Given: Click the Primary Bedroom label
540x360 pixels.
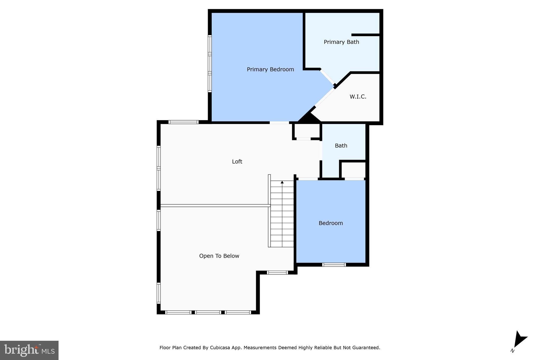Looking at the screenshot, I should [270, 69].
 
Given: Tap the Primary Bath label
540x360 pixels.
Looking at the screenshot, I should [341, 42].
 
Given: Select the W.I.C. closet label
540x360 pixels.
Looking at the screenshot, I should [358, 97].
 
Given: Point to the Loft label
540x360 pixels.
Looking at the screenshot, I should [237, 162].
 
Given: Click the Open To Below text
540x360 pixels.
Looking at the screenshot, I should [219, 256].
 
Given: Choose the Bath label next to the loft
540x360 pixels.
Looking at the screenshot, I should [341, 146].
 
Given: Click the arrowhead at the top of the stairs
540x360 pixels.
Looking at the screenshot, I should [282, 182].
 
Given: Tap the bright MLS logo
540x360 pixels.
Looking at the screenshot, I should [29, 350].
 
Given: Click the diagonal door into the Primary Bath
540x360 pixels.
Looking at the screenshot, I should [327, 77].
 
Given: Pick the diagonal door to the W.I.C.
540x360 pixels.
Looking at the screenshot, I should [325, 97].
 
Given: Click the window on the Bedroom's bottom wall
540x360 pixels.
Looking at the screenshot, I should [334, 265].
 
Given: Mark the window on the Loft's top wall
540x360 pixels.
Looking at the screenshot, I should [184, 122].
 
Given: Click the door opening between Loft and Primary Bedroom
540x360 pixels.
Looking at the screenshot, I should [279, 123].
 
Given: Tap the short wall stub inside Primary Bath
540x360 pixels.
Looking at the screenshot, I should [365, 35].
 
